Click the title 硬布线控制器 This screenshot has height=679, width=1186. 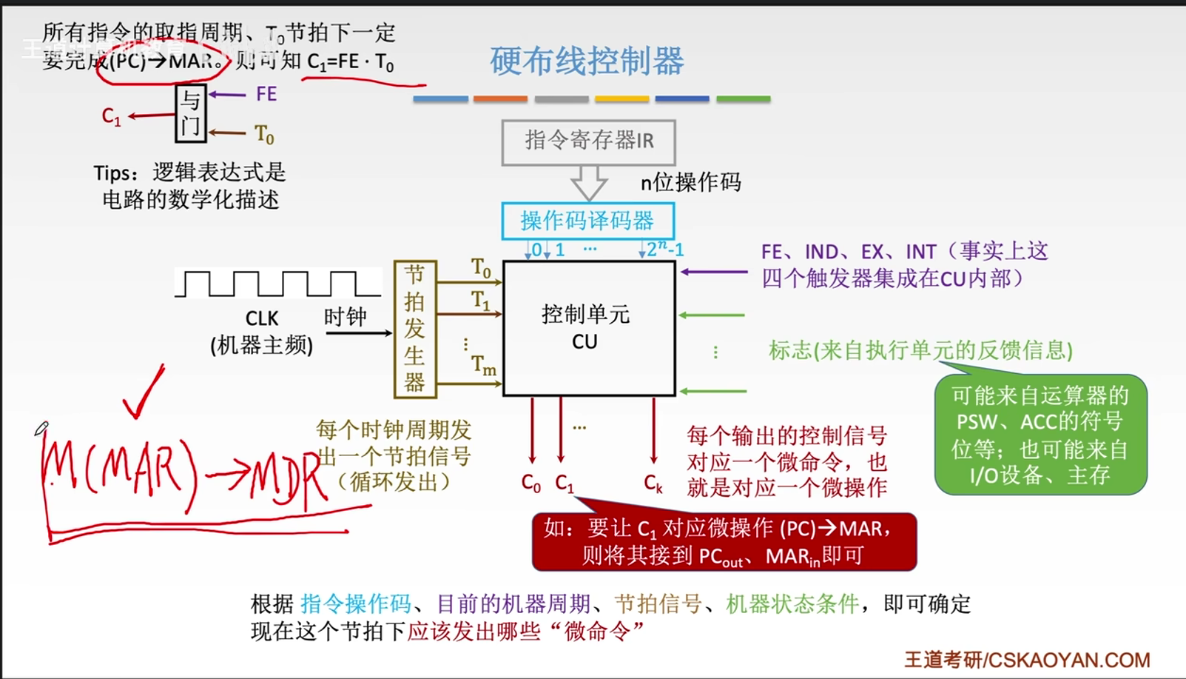[587, 61]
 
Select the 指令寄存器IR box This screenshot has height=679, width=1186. [588, 141]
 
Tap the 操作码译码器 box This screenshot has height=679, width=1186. [587, 221]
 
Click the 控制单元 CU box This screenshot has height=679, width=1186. [589, 328]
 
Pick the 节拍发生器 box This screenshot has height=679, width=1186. [414, 329]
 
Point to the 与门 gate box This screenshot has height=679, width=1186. [190, 113]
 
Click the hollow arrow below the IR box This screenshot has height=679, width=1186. [589, 182]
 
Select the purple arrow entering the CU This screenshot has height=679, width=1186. [714, 272]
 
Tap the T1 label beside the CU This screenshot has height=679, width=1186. [481, 301]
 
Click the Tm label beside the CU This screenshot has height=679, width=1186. [484, 365]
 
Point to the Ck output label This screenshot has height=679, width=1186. [653, 484]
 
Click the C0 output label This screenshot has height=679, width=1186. [531, 484]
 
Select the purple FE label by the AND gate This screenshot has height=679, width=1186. [266, 94]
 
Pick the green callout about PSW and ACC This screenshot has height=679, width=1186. [1040, 435]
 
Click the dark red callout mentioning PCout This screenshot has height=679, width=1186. [724, 542]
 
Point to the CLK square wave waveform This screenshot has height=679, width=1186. [277, 284]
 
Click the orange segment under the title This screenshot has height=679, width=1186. [500, 98]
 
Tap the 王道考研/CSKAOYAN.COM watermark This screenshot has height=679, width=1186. [1027, 659]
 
